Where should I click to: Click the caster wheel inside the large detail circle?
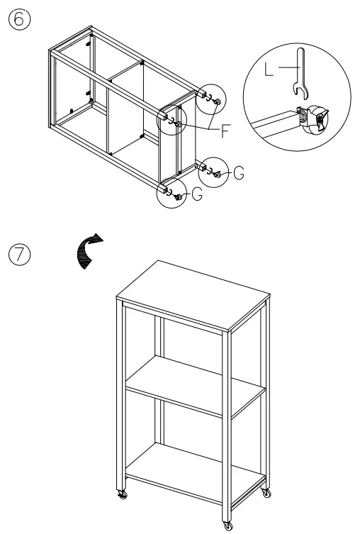tap(315, 120)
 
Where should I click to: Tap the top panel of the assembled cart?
tap(193, 293)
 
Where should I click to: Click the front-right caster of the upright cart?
tap(227, 525)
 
